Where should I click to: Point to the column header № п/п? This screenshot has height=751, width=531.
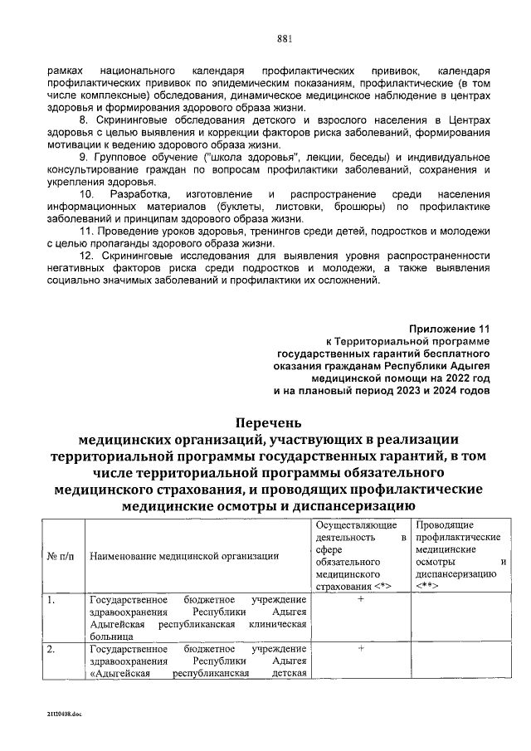[x=61, y=555]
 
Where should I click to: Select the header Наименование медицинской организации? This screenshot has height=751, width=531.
[x=183, y=555]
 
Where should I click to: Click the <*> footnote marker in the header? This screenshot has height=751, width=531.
[x=382, y=586]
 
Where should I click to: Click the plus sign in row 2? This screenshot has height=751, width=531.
[x=361, y=648]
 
